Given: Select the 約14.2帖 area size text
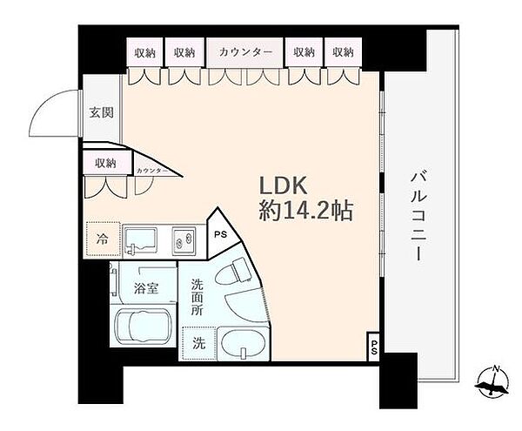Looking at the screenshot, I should tap(304, 212).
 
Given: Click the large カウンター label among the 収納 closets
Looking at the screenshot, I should tap(246, 52).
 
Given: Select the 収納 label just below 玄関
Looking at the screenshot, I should tap(106, 162).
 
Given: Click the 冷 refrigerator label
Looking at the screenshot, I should tap(104, 237).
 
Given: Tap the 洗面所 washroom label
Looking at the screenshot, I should tap(197, 296).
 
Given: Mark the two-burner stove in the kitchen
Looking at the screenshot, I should tap(185, 237).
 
